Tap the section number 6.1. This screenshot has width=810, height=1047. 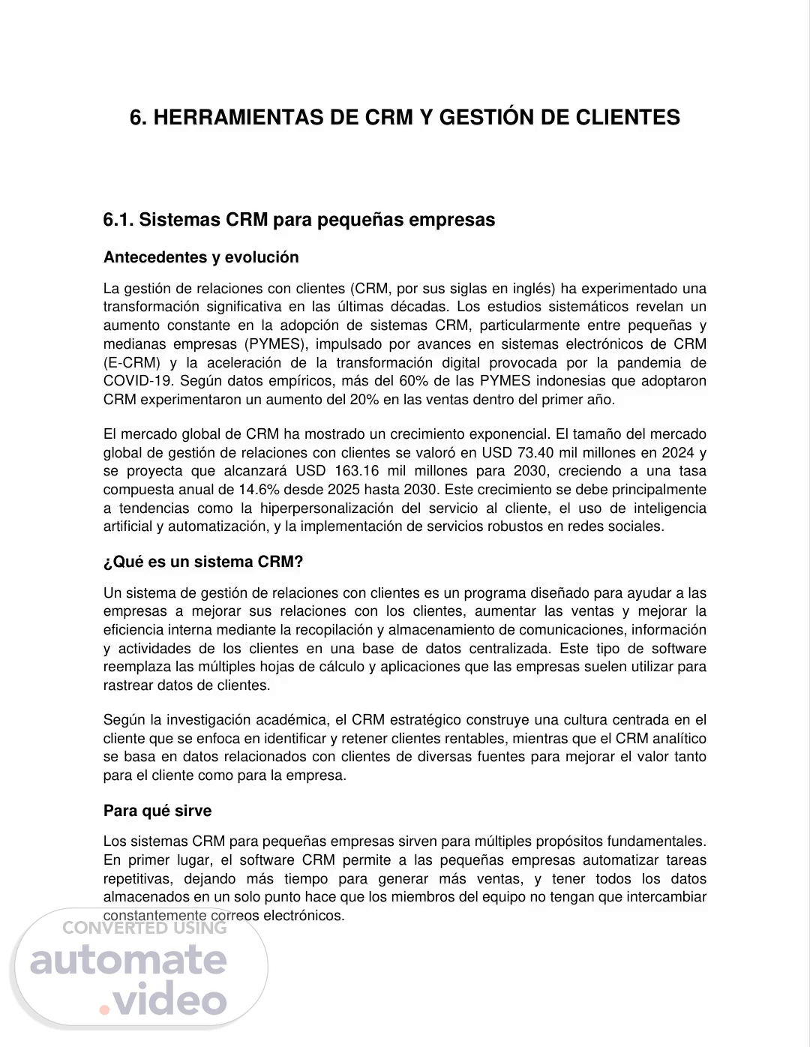click(x=118, y=220)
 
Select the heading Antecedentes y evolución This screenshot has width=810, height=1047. click(x=201, y=257)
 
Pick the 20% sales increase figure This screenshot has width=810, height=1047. click(x=364, y=400)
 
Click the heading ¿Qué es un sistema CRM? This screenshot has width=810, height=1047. click(x=203, y=562)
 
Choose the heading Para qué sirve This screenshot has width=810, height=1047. click(x=157, y=811)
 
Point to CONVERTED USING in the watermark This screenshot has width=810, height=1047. click(x=144, y=928)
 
